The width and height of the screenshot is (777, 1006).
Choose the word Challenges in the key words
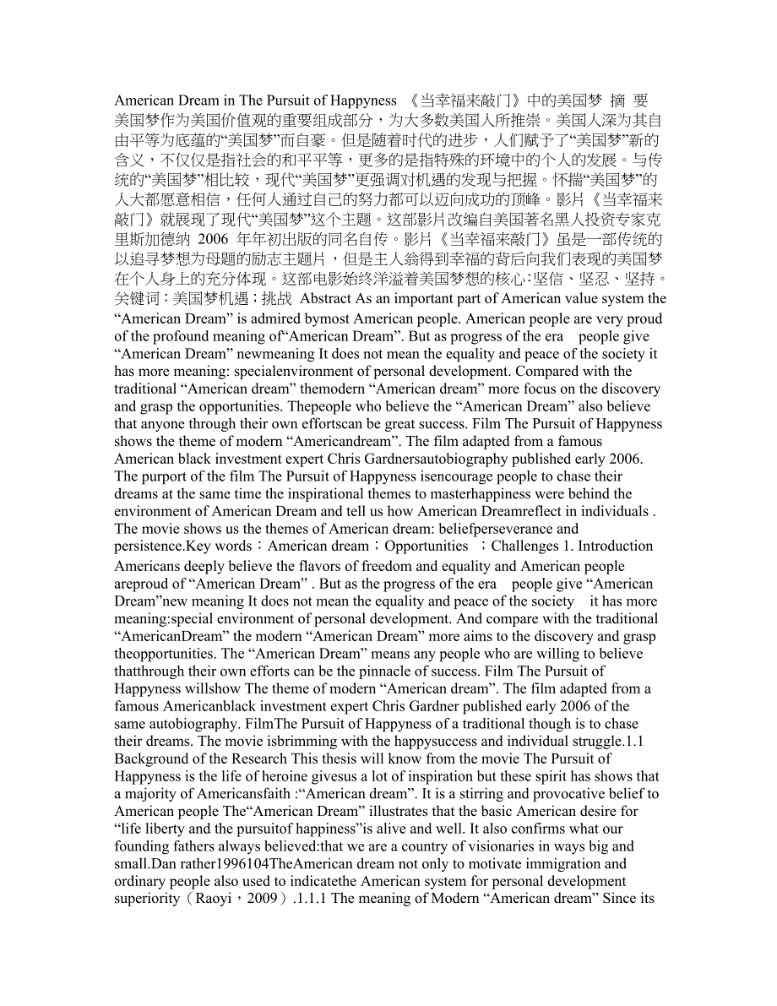click(524, 546)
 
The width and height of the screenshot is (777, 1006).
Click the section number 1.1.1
click(312, 900)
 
